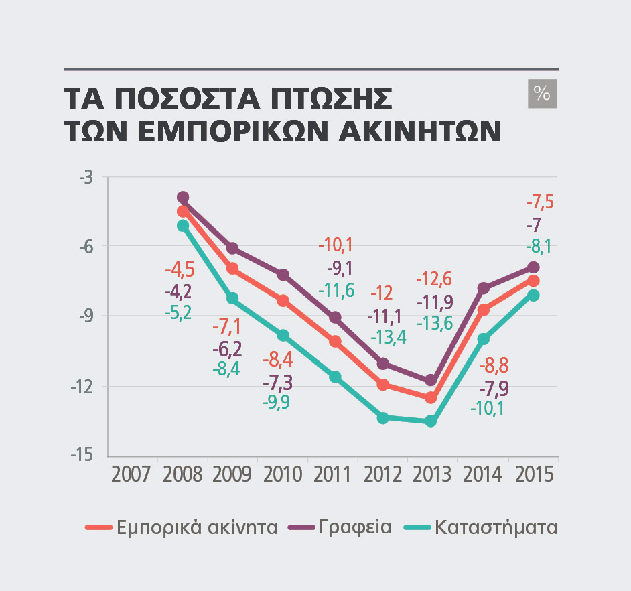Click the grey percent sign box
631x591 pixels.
(543, 93)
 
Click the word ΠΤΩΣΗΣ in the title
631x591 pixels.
(331, 98)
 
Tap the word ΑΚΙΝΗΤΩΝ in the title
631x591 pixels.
(420, 131)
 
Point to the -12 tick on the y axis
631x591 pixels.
(82, 387)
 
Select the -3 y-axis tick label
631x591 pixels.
(86, 177)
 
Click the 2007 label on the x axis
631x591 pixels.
(131, 474)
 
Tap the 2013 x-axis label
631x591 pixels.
(432, 474)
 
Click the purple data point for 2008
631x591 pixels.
(183, 197)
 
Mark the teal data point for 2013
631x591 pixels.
(431, 421)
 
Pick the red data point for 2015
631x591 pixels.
(534, 281)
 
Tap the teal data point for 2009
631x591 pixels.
(232, 298)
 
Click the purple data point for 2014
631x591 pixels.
(484, 288)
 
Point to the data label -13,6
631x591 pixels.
(435, 323)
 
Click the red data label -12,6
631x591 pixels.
(434, 279)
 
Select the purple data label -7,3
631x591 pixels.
(278, 382)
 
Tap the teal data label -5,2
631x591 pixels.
(178, 312)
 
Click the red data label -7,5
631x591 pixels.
(541, 202)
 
